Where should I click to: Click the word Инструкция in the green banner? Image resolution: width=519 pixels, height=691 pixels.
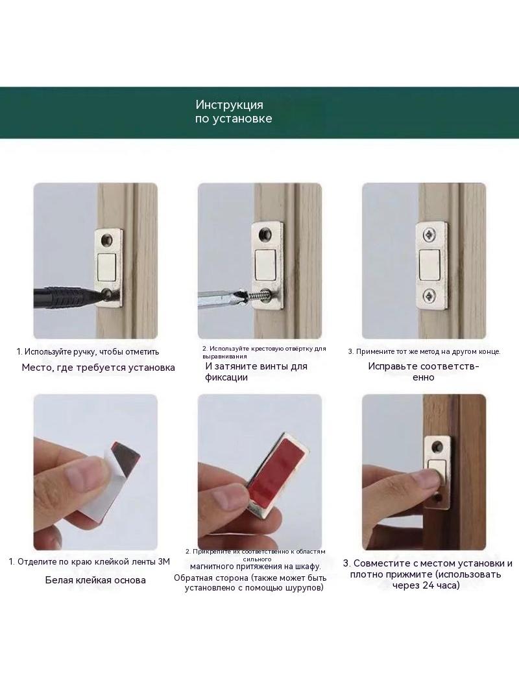(x=229, y=105)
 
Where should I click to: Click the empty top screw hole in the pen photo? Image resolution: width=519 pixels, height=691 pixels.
(x=106, y=240)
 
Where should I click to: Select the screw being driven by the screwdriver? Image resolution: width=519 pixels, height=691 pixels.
(x=256, y=292)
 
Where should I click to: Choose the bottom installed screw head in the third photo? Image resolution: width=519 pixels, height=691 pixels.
(x=429, y=296)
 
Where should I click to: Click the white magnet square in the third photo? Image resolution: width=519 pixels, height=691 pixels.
(x=429, y=265)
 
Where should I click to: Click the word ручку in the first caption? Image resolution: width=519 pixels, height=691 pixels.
(x=84, y=352)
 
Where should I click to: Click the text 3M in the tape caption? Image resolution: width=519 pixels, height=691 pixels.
(x=163, y=562)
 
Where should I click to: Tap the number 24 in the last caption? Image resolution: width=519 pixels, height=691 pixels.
(x=426, y=585)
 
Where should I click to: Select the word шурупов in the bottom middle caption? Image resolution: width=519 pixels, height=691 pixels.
(x=306, y=588)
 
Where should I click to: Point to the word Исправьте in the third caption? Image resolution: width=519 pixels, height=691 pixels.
(x=392, y=366)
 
